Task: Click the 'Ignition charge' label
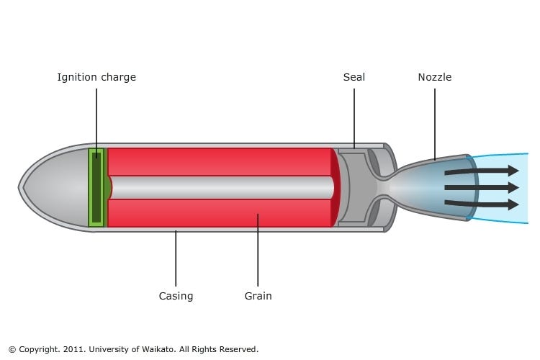click(x=96, y=77)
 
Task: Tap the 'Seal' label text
click(x=354, y=77)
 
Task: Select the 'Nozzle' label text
click(x=435, y=77)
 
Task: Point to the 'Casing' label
click(x=176, y=296)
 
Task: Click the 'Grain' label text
click(x=258, y=296)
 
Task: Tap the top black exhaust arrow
click(x=481, y=171)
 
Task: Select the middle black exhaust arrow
click(x=481, y=187)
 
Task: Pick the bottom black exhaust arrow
click(x=481, y=204)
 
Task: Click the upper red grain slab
click(x=220, y=161)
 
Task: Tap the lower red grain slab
click(x=220, y=213)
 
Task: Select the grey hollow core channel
click(x=220, y=187)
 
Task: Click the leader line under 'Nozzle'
click(x=435, y=122)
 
